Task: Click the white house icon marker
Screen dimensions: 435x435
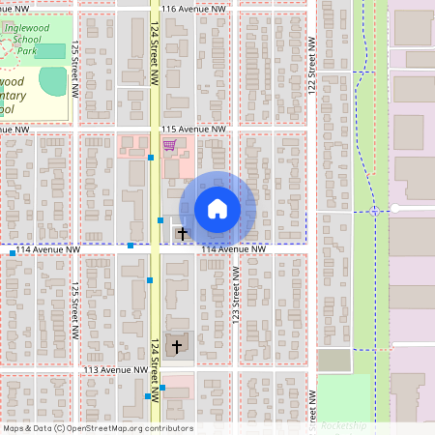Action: [217, 209]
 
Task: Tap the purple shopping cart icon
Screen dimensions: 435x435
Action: [169, 145]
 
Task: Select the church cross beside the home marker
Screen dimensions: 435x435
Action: [182, 233]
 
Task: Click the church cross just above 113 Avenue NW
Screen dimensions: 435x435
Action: [176, 345]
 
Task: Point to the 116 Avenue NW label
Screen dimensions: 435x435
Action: [194, 9]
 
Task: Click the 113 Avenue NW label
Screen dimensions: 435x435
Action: [115, 370]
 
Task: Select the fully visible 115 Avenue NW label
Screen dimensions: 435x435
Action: [193, 129]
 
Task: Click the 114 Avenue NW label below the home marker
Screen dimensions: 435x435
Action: [233, 249]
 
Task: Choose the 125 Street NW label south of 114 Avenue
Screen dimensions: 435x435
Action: [74, 309]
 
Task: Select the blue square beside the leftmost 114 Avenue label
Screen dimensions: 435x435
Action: [13, 253]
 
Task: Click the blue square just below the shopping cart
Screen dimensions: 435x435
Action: [152, 157]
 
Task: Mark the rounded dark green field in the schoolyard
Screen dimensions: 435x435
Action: [53, 81]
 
